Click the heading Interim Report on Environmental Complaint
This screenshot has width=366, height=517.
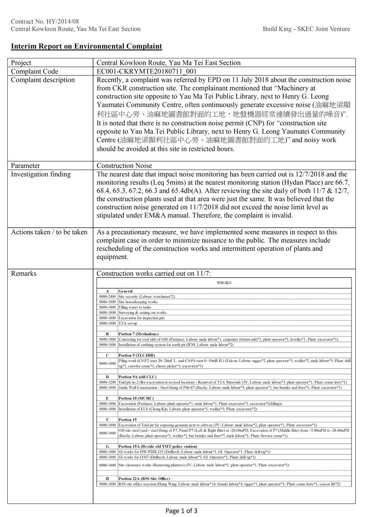click(86, 46)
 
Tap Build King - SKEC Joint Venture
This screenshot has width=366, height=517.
click(306, 29)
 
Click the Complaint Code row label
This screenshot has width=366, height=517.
click(35, 71)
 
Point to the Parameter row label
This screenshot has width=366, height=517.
click(25, 165)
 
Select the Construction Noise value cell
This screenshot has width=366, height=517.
click(124, 165)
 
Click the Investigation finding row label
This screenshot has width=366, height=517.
click(41, 174)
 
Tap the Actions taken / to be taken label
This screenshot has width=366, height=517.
click(49, 232)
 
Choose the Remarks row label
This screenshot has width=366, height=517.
click(23, 273)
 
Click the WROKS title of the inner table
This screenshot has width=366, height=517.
click(224, 283)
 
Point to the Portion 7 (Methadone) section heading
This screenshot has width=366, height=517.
click(138, 334)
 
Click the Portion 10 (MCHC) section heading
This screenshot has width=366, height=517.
click(136, 398)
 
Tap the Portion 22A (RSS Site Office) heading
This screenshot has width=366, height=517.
click(145, 478)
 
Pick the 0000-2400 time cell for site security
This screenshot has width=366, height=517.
click(108, 296)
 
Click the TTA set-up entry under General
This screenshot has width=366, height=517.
click(128, 323)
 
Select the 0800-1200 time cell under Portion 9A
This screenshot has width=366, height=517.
click(108, 382)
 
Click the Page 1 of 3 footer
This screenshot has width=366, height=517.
click(181, 510)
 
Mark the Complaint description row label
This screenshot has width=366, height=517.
click(43, 80)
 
